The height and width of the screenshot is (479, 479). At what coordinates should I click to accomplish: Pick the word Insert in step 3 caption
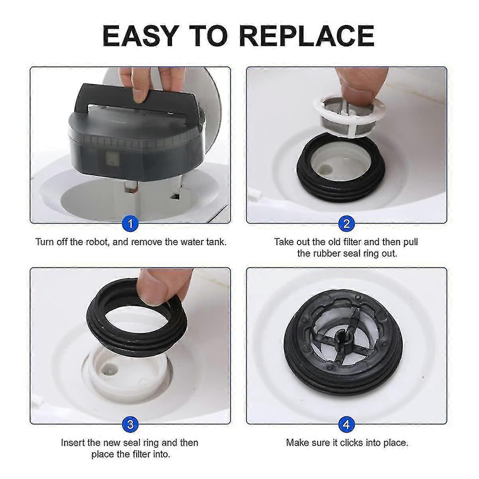coord(74,442)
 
